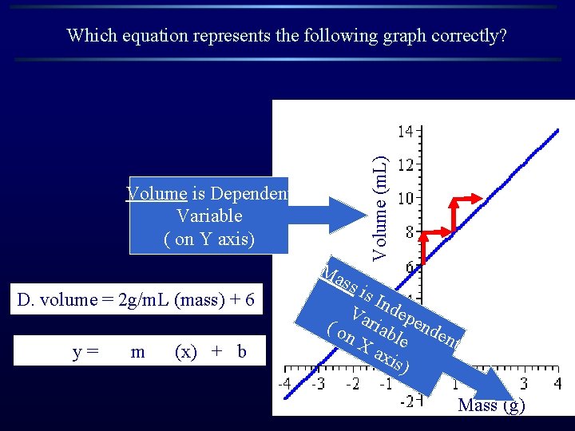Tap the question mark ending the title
pos(502,35)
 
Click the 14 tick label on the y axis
pos(406,130)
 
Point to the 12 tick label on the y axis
pos(406,164)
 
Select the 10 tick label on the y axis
pos(406,198)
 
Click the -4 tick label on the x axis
pos(284,384)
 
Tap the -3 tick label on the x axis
pos(318,384)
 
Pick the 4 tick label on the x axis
pos(557,384)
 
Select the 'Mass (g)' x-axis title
pos(491,405)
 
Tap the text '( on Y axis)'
pos(209,239)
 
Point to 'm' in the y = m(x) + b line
pos(137,352)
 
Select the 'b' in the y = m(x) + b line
pos(241,352)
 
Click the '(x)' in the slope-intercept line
pos(187,352)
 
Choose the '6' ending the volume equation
pos(250,300)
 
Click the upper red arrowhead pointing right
pos(478,197)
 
